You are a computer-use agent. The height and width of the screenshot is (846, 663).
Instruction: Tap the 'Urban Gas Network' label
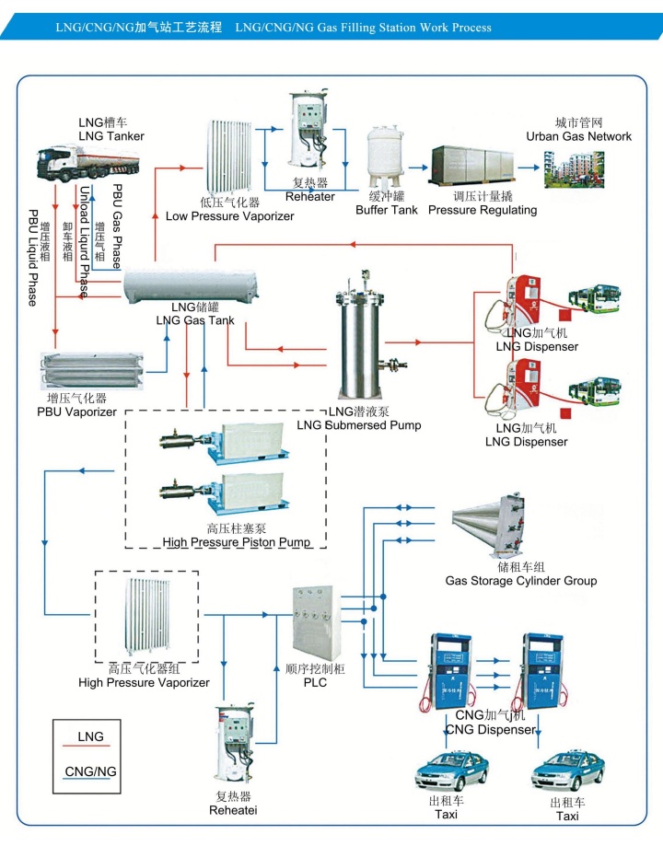click(x=578, y=136)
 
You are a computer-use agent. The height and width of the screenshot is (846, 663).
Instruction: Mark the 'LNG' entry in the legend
click(x=90, y=737)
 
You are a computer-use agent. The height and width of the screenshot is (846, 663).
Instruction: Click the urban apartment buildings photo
click(x=574, y=169)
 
